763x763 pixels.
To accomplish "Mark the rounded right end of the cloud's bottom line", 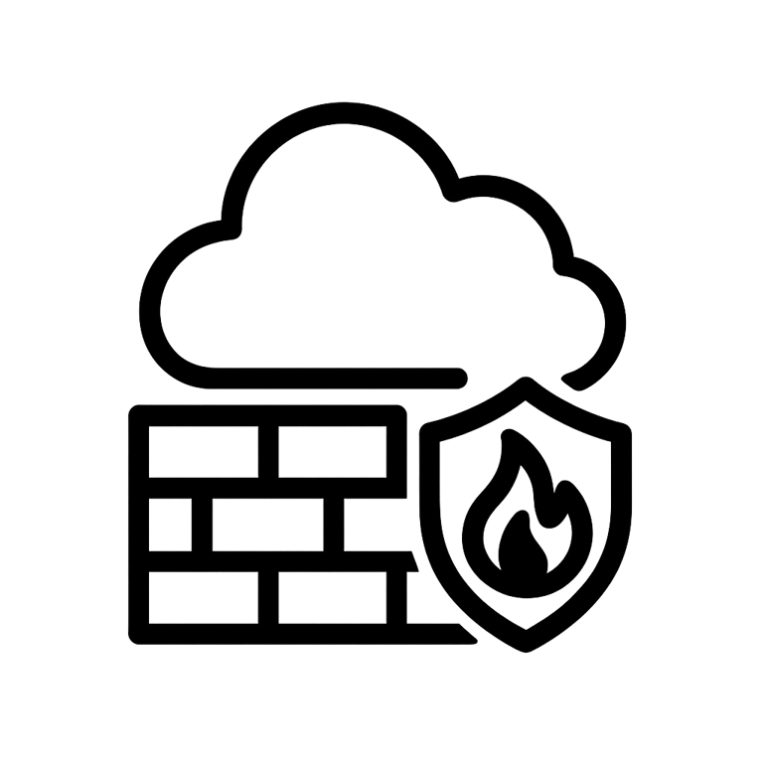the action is (458, 377).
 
